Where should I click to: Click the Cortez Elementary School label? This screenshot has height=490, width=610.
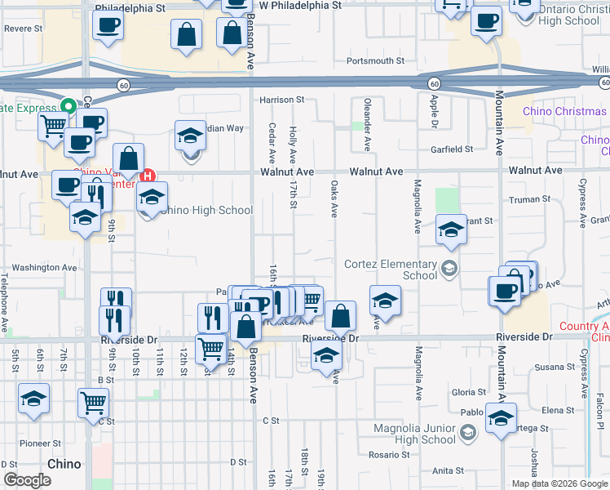tap(391, 269)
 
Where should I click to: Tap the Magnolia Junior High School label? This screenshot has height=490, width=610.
tap(414, 434)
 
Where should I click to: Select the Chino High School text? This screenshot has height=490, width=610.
tap(207, 210)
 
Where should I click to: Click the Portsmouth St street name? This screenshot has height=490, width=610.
tap(375, 61)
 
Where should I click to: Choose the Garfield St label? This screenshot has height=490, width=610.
tap(452, 149)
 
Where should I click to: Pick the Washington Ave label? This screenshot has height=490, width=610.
tap(44, 267)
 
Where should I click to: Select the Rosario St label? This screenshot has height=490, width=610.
tap(387, 454)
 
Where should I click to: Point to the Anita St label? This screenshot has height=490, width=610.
tap(448, 470)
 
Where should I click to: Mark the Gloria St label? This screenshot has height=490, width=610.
tap(469, 393)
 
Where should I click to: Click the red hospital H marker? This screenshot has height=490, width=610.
tap(148, 175)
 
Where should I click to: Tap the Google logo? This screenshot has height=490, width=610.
tap(27, 480)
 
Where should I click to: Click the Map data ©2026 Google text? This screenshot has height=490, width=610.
tap(559, 483)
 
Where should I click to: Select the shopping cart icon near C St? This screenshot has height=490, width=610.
tap(94, 402)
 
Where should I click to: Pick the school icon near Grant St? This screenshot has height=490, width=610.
tap(450, 230)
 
